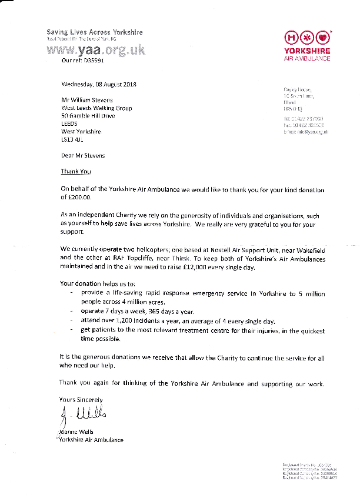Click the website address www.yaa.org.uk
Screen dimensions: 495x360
point(95,51)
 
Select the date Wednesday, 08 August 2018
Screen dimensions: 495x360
point(99,84)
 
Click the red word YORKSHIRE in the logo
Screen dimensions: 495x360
point(307,51)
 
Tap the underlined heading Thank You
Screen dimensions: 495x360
point(76,172)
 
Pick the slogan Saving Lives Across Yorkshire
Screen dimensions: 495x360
point(94,32)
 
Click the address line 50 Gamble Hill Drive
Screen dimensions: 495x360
point(88,116)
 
